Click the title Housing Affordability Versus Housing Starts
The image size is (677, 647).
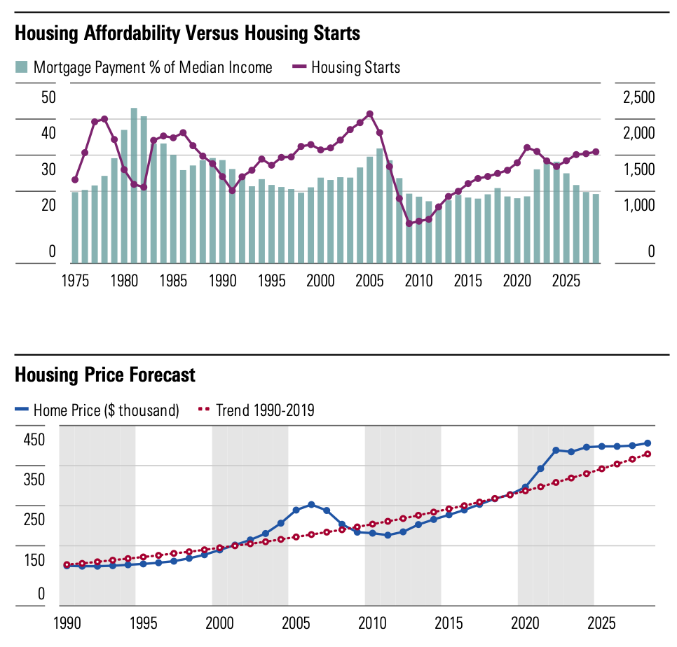(187, 33)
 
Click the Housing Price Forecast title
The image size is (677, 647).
(105, 375)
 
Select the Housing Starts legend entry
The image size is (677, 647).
(347, 67)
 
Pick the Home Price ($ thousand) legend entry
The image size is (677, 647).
(97, 410)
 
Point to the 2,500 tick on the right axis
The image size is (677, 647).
(638, 97)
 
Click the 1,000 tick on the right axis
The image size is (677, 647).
(638, 205)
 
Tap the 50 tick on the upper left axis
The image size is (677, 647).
(48, 97)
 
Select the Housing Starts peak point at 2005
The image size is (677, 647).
(370, 114)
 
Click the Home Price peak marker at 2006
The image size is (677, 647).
(311, 505)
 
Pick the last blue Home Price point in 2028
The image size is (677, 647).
(648, 443)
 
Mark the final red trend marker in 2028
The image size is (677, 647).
(648, 454)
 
